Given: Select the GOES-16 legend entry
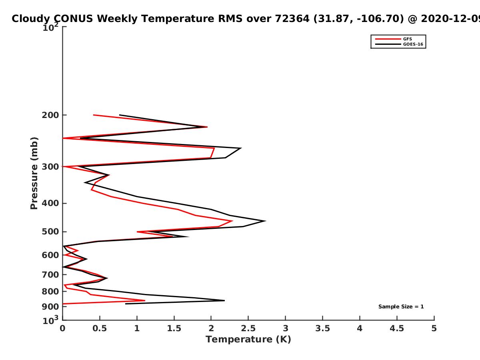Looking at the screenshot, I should click(x=412, y=44).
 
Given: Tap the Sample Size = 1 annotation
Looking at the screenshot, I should click(x=401, y=307).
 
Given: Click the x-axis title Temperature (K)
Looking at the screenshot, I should click(x=248, y=340).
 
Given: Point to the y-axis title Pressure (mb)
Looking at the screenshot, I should click(x=34, y=173).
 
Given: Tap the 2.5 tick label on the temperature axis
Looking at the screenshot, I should click(x=248, y=328).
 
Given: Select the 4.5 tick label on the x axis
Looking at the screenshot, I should click(x=397, y=328).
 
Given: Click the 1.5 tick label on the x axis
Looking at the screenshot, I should click(x=174, y=328).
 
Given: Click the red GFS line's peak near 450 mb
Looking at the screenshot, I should click(x=232, y=221).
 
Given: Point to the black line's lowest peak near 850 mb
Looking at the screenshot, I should click(x=224, y=300).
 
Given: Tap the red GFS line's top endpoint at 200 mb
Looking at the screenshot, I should click(x=94, y=115).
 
